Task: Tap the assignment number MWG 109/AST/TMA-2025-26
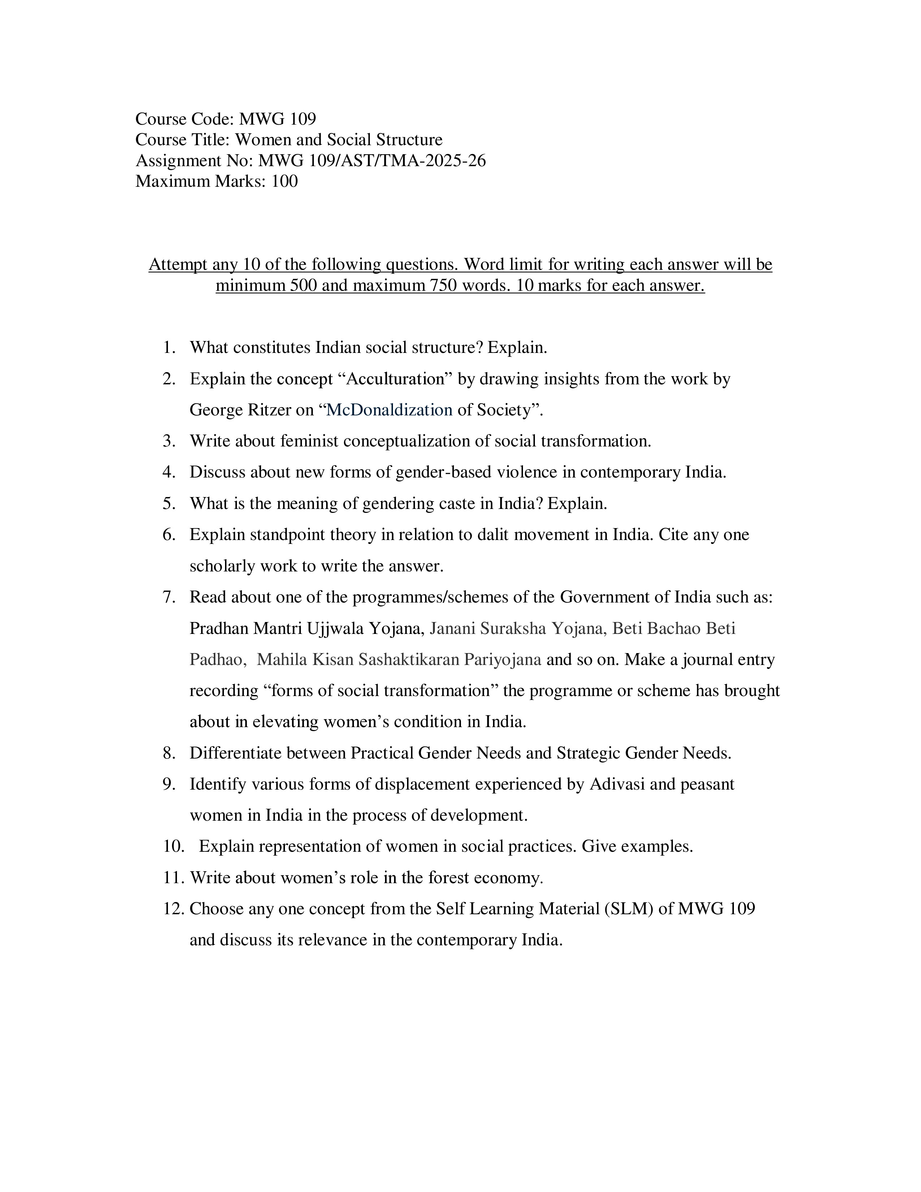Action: (372, 161)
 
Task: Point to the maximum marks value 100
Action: (284, 181)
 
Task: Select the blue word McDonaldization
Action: (389, 410)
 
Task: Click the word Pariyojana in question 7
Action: (502, 660)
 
